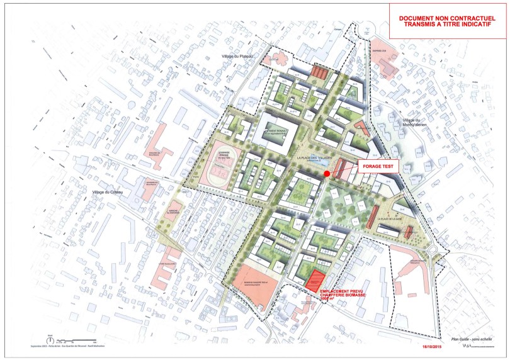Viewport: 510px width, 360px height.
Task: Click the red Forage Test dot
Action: click(326, 174)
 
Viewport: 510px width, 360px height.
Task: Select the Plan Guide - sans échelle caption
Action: click(469, 336)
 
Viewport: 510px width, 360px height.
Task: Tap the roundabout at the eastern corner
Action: click(434, 250)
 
